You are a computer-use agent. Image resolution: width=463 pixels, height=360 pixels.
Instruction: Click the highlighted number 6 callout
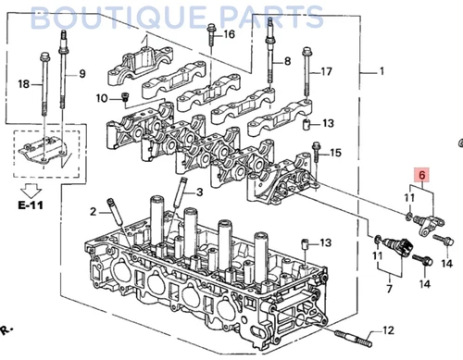coord(421,173)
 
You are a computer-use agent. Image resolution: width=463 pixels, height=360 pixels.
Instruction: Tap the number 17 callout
coord(325,72)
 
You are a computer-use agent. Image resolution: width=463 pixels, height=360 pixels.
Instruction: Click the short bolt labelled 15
coord(317,149)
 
